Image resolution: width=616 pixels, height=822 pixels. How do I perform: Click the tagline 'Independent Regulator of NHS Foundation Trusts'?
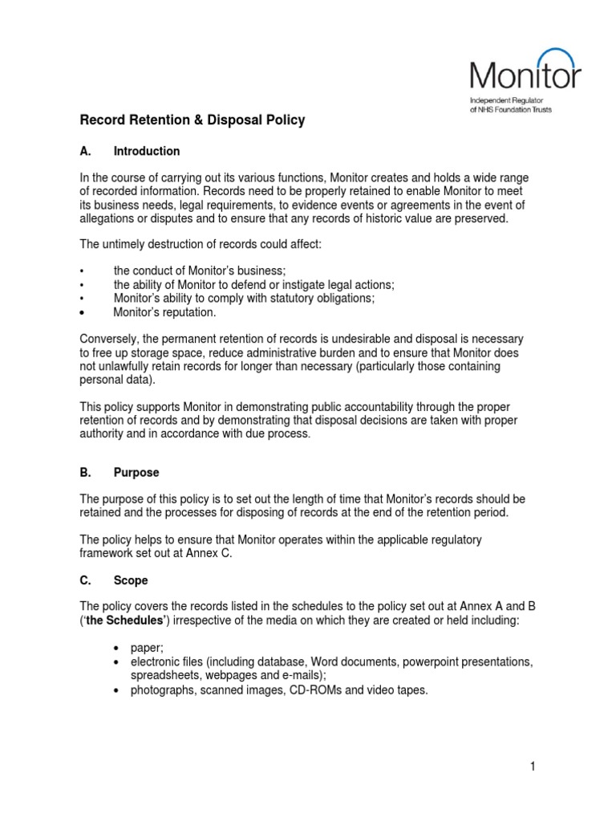click(x=510, y=105)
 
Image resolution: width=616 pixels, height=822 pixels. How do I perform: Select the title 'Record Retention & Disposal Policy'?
click(x=192, y=120)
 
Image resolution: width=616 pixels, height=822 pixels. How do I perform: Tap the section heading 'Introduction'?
click(x=147, y=151)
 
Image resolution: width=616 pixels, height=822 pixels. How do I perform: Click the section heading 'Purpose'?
click(x=136, y=473)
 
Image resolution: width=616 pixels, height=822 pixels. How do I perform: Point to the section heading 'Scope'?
click(x=131, y=580)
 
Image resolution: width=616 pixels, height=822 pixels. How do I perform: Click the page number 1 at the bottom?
click(x=532, y=767)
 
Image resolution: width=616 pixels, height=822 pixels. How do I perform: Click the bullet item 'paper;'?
click(x=147, y=648)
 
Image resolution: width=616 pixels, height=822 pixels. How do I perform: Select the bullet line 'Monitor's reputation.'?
click(x=164, y=311)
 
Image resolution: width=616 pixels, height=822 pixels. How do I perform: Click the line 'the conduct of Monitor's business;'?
click(x=199, y=271)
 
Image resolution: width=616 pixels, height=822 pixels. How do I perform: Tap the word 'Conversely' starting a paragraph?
click(x=107, y=339)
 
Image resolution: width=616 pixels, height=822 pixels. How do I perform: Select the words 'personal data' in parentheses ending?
click(x=113, y=380)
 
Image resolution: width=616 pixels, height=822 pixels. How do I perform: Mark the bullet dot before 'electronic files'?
click(x=117, y=662)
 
